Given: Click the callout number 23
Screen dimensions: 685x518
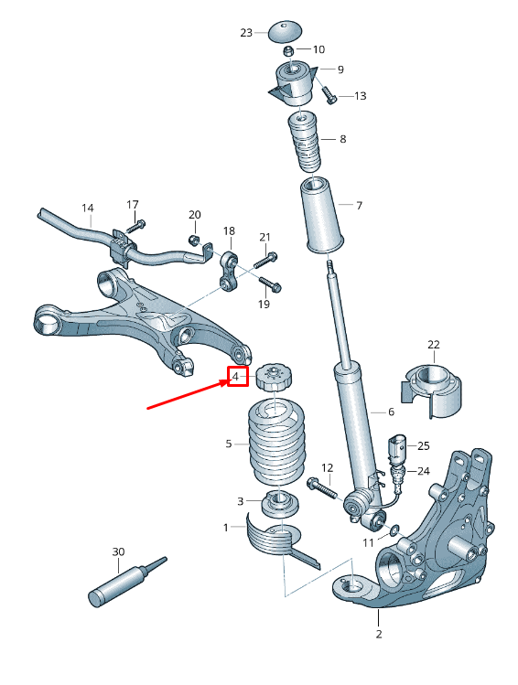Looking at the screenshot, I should (x=246, y=33).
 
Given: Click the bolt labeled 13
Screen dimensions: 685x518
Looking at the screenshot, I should (x=328, y=94).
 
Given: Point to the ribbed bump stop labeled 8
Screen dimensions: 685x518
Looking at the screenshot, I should (x=304, y=142).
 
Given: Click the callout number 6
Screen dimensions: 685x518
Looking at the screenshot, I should (x=390, y=413).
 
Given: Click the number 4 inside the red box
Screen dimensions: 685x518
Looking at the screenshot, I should (x=237, y=376).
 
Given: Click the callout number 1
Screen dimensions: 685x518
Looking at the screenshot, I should (x=226, y=528).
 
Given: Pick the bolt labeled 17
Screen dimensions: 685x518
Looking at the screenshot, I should (x=135, y=224).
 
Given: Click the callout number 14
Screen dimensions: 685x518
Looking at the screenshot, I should (x=88, y=209).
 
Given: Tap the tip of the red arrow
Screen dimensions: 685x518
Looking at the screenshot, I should (x=227, y=382).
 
